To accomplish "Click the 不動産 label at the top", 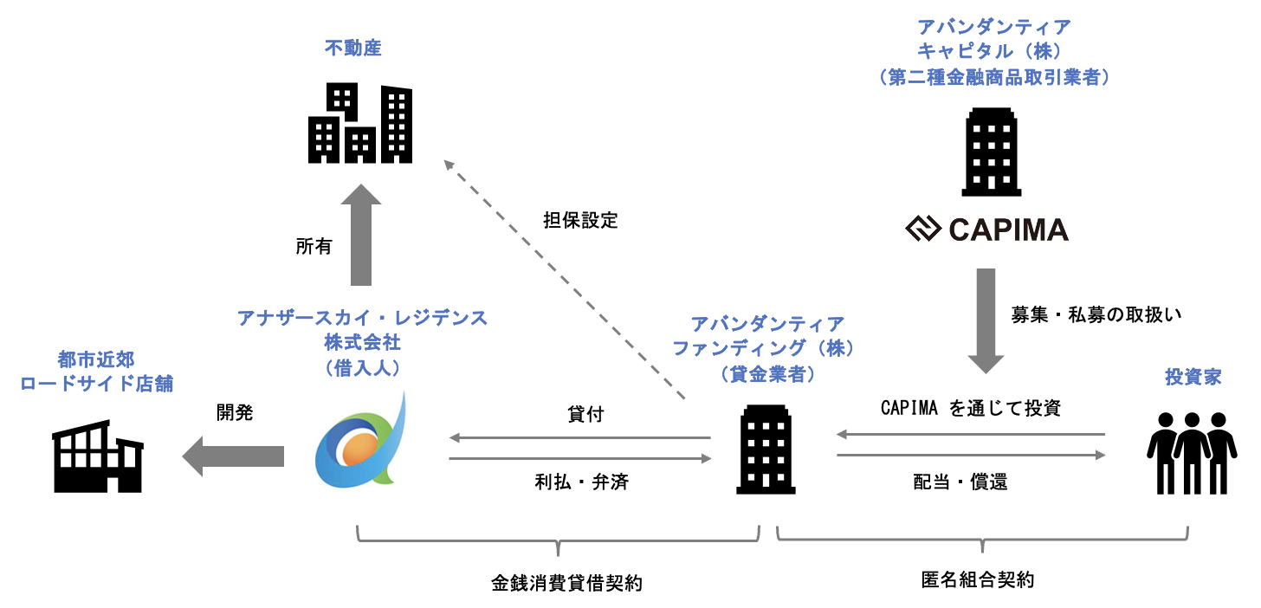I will (x=352, y=49).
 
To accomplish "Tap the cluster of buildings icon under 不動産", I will (x=360, y=124).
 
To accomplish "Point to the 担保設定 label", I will (x=580, y=220).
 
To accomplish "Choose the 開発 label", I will (x=234, y=413).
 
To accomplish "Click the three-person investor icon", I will (x=1191, y=451).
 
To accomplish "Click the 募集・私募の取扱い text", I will (x=1096, y=314).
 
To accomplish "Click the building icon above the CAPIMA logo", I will (x=991, y=152).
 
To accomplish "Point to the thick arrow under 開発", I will (x=234, y=456).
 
